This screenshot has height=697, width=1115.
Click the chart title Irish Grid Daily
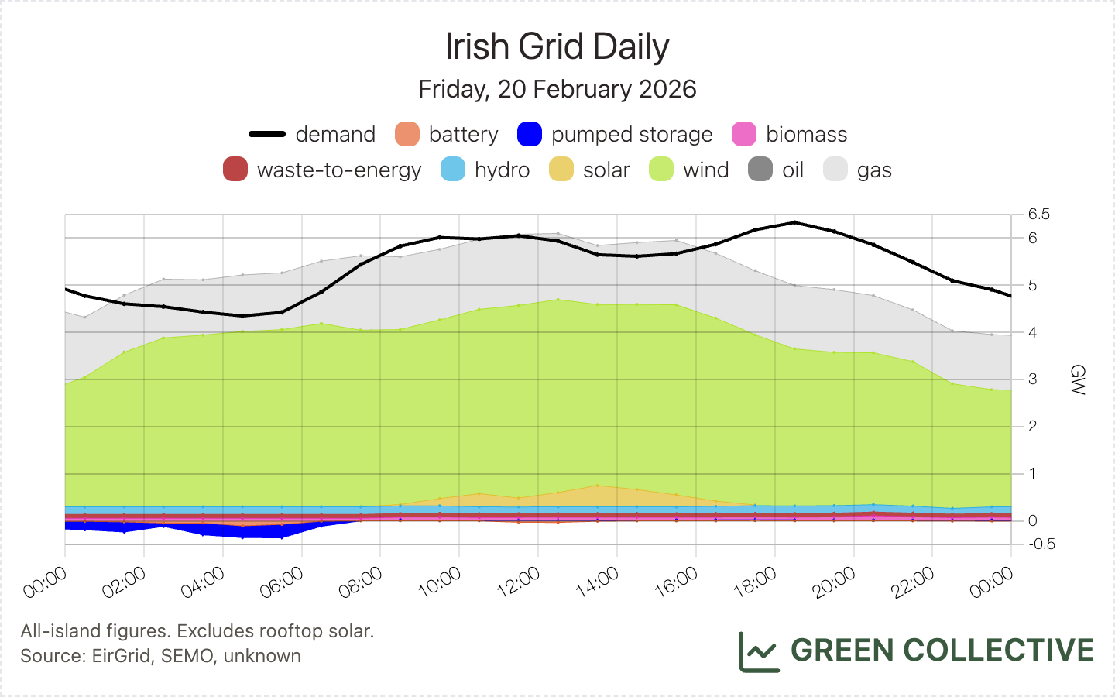tap(557, 47)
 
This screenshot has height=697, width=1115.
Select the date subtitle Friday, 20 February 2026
tap(557, 89)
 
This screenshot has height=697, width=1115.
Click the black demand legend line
tap(267, 134)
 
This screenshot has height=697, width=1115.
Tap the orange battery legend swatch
tap(407, 134)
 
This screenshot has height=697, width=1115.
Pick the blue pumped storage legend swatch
tap(530, 134)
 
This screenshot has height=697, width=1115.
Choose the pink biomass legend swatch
tap(744, 134)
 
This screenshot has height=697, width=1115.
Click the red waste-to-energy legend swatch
tap(235, 170)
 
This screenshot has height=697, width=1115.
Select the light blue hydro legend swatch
tap(453, 170)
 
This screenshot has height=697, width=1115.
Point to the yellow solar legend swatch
tap(561, 170)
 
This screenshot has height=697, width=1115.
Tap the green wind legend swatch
tap(661, 170)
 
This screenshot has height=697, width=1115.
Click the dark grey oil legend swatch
tap(760, 170)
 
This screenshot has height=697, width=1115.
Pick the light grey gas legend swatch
tap(835, 170)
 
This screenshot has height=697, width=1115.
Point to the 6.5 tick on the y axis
tap(1039, 215)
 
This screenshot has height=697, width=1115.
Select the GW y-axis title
tap(1077, 379)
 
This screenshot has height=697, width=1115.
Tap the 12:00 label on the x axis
tap(519, 582)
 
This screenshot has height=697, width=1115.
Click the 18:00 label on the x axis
tap(755, 582)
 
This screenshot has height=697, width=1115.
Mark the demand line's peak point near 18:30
tap(794, 222)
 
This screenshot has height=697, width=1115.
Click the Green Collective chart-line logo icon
tap(758, 651)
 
